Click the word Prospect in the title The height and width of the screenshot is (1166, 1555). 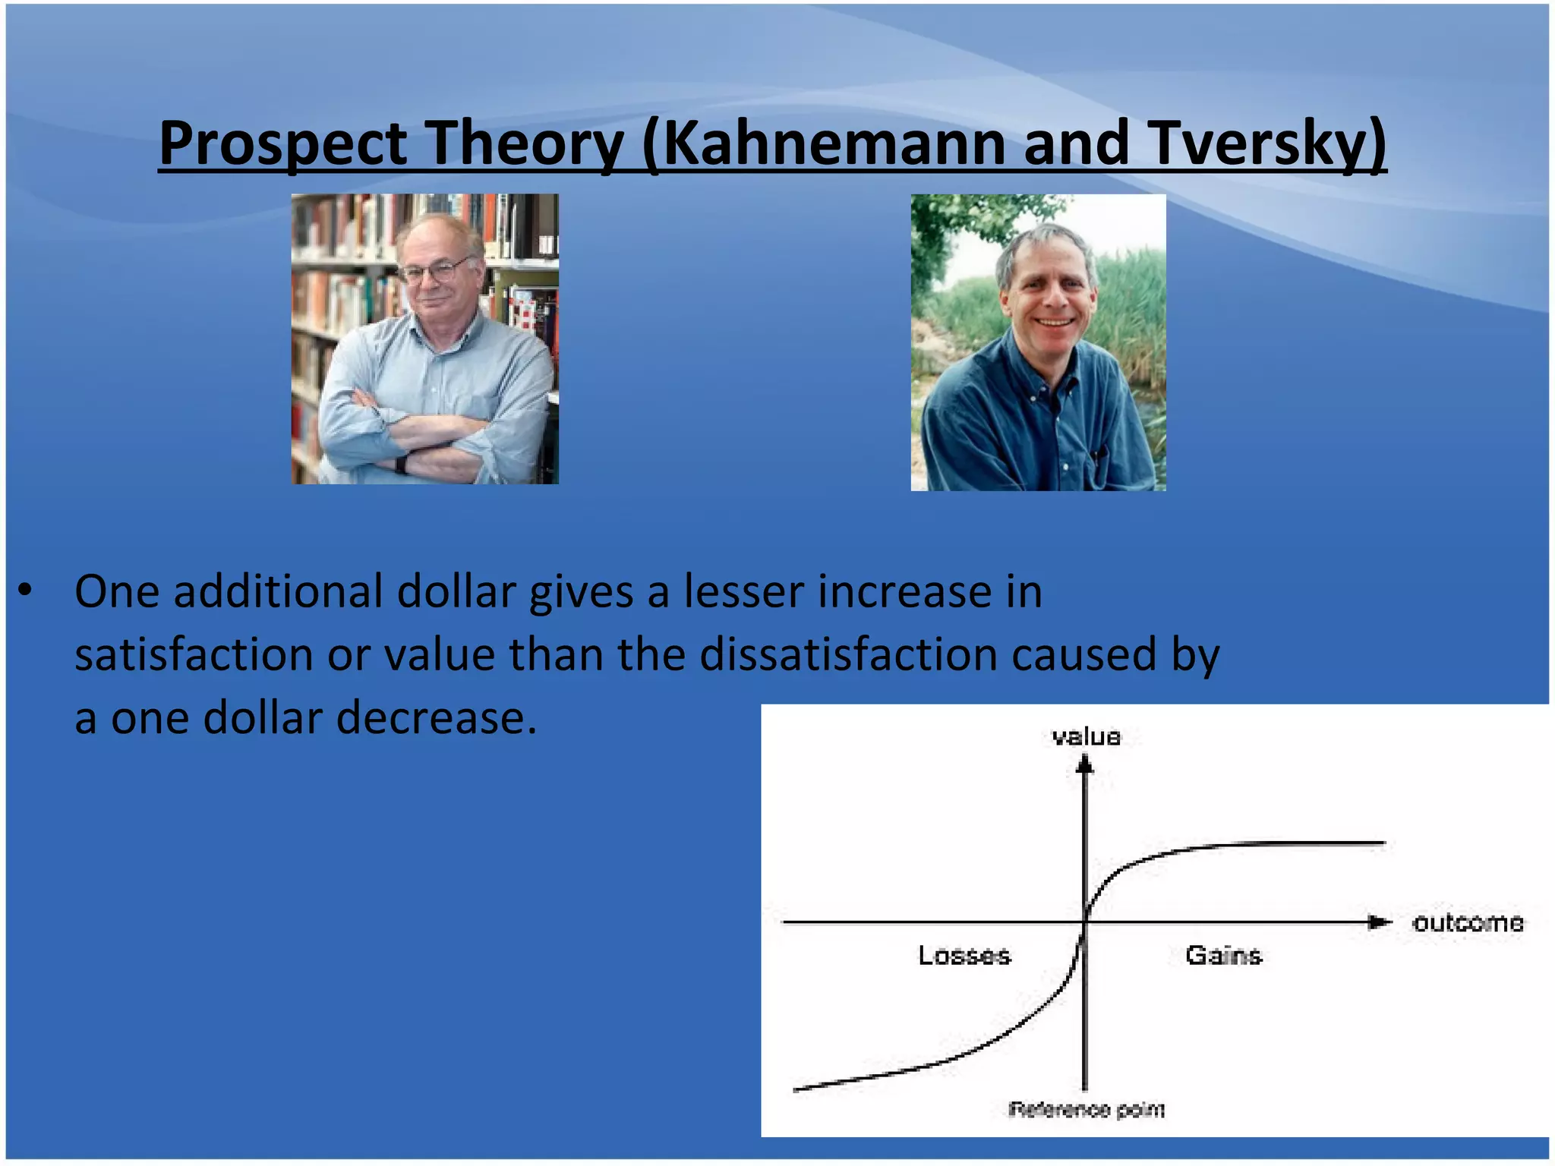(x=282, y=144)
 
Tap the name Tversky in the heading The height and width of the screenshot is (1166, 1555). (x=1260, y=144)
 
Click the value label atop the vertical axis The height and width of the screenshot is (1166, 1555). (x=1086, y=737)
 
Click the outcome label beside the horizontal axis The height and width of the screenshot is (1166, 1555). (x=1467, y=922)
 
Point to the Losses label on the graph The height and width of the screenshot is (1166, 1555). (x=964, y=955)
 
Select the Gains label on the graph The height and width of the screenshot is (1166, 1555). (x=1223, y=955)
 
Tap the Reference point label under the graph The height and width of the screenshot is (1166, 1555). (x=1086, y=1110)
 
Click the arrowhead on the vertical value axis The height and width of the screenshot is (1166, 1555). (x=1085, y=767)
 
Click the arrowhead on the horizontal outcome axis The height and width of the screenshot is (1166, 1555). (x=1378, y=922)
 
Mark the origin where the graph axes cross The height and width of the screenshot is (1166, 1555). (x=1085, y=922)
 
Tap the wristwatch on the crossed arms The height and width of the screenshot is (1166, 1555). (x=400, y=464)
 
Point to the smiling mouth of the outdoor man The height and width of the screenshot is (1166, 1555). (x=1055, y=322)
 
